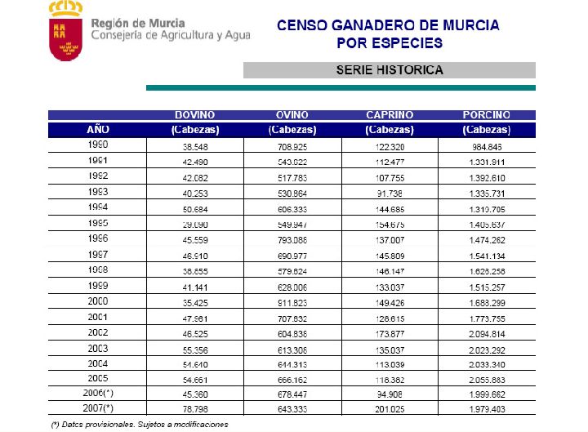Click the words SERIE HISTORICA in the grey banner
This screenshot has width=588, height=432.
click(390, 70)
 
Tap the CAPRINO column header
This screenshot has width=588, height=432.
click(390, 115)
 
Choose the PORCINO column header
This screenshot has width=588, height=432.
click(486, 115)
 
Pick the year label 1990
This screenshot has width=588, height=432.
click(97, 145)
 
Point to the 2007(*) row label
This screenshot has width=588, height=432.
click(97, 407)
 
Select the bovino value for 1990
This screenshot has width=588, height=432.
click(194, 146)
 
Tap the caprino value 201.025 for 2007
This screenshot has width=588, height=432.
click(390, 408)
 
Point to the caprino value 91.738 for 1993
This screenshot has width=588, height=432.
click(390, 193)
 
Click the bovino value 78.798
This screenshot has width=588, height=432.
click(194, 408)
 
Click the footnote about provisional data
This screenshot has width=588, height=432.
click(139, 424)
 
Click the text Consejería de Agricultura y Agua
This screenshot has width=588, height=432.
click(171, 36)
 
